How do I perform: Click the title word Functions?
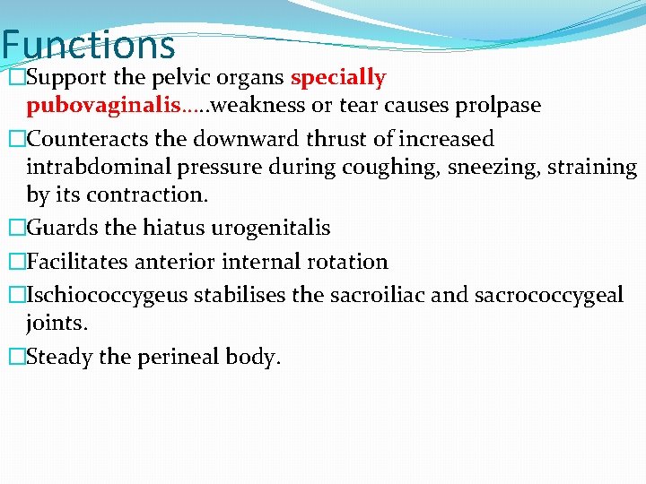click(88, 45)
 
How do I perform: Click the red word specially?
click(338, 78)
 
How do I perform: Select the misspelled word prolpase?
click(497, 106)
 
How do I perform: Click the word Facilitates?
click(80, 262)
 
